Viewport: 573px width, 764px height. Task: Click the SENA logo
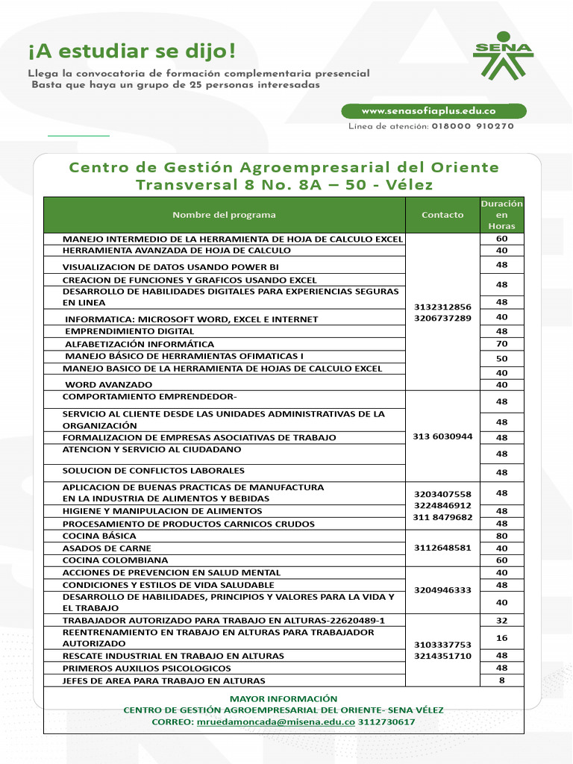pos(504,56)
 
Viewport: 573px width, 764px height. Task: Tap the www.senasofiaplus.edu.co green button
pos(433,111)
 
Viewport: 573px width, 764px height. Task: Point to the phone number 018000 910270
pos(472,127)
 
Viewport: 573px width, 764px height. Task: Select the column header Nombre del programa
pos(224,215)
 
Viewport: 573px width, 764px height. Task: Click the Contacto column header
pos(442,215)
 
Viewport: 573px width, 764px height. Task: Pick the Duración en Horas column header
pos(501,215)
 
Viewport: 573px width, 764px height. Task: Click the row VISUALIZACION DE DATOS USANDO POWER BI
pos(170,266)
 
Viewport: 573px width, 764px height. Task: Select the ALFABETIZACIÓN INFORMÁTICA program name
pos(140,344)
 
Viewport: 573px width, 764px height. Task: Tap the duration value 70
pos(501,344)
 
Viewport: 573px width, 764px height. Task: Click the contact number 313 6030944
pos(442,436)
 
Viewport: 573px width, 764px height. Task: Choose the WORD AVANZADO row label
pos(101,384)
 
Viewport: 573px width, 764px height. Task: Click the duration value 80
pos(501,536)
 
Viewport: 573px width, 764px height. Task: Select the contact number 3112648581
pos(442,548)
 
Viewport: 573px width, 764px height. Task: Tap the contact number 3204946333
pos(442,590)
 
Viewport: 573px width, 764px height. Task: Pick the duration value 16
pos(501,637)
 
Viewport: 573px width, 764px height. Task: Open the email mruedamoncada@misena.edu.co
pos(275,722)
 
